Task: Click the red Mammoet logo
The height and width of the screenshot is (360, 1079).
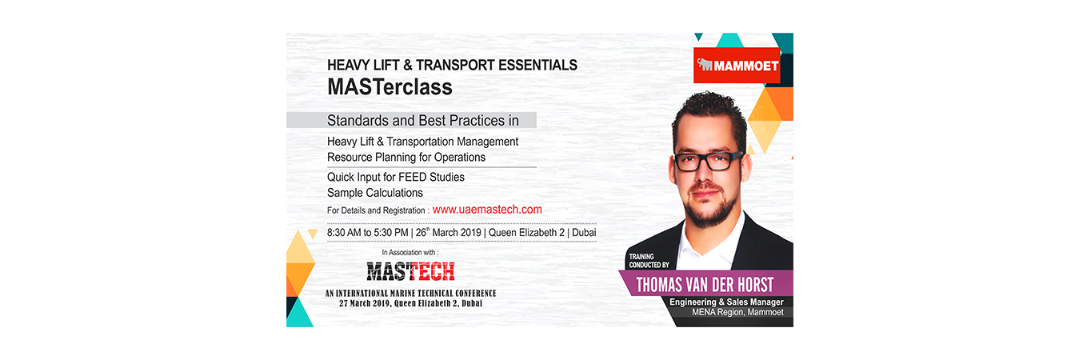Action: click(737, 65)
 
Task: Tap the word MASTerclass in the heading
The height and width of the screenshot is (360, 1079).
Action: click(390, 87)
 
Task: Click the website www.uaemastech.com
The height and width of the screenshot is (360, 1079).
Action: click(487, 210)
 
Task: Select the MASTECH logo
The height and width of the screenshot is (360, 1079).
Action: click(410, 271)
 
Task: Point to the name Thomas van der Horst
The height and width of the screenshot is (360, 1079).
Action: click(705, 285)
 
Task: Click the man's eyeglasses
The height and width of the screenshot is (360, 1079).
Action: click(706, 162)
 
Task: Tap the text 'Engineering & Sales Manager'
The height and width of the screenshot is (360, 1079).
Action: click(726, 302)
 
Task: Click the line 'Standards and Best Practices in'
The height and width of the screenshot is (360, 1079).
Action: click(423, 121)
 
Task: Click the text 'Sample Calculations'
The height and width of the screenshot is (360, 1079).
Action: click(375, 193)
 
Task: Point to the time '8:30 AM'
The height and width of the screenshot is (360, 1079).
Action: click(344, 232)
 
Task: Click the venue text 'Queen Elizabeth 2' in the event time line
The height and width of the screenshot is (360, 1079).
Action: click(526, 232)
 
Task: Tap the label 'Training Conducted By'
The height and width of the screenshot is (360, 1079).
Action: click(649, 261)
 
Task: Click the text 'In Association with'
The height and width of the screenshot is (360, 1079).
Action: click(410, 252)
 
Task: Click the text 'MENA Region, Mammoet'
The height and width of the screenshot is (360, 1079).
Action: click(738, 312)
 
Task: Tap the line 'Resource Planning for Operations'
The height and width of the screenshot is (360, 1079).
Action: click(406, 157)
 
